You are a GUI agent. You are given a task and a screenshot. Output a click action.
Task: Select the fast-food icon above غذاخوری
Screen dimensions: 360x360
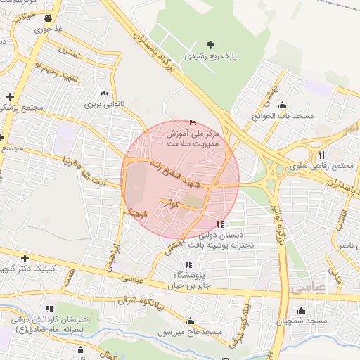tap(48, 18)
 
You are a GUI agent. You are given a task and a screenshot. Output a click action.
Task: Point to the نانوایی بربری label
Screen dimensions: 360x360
tap(104, 104)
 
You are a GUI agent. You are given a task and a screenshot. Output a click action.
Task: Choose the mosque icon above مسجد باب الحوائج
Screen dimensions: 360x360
tap(263, 103)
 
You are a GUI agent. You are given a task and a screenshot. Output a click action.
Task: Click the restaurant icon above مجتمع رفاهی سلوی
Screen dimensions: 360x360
tap(322, 155)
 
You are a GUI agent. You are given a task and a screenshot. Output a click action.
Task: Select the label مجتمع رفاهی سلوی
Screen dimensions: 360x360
tap(321, 165)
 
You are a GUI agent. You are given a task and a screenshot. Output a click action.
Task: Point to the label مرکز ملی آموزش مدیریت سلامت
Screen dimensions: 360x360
tap(193, 136)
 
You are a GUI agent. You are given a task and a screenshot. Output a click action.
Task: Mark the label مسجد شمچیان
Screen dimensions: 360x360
tap(302, 321)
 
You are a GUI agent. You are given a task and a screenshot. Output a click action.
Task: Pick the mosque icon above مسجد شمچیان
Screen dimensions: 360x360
tap(302, 310)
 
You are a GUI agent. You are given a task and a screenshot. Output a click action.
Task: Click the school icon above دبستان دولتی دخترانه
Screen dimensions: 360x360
tap(220, 224)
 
